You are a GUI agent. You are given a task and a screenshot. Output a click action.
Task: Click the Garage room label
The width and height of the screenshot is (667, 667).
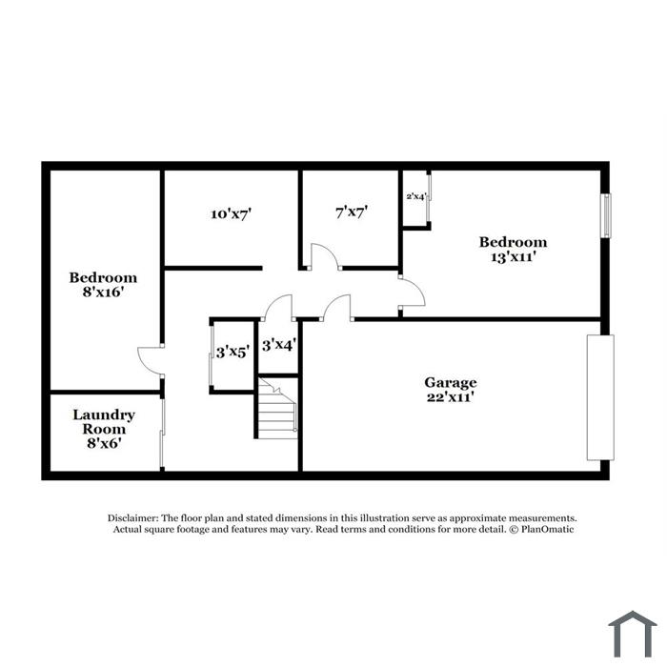[x=450, y=382]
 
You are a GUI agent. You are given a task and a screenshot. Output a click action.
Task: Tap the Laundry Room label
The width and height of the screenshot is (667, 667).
[x=104, y=421]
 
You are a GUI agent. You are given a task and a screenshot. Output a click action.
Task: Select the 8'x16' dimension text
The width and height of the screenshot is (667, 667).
[x=103, y=293]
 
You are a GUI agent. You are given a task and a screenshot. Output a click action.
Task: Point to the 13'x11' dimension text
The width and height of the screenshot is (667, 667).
[x=513, y=257]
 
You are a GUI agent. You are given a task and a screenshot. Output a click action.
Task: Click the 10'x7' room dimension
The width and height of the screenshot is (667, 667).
[x=231, y=213]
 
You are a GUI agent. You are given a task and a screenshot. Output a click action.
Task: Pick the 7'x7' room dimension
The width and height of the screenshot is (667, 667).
[x=352, y=212]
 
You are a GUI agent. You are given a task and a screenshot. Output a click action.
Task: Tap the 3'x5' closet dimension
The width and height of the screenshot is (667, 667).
[x=232, y=353]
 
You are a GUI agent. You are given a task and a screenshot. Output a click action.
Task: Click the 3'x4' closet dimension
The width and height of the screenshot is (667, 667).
[x=278, y=345]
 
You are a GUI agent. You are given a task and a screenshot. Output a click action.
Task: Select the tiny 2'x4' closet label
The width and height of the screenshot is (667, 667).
[x=416, y=196]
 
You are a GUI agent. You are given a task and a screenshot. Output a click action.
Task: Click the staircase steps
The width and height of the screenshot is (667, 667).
[x=277, y=409]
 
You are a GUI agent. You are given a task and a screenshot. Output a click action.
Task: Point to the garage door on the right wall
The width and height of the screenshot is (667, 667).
[x=600, y=397]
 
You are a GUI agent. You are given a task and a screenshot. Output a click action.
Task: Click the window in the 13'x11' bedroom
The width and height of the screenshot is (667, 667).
[x=606, y=215]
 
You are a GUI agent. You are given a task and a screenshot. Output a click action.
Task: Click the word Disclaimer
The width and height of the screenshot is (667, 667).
[x=133, y=518]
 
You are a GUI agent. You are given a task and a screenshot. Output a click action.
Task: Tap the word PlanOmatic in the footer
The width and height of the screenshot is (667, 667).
[x=548, y=529]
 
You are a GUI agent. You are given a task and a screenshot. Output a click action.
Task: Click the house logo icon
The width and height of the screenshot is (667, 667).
[x=632, y=634]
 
